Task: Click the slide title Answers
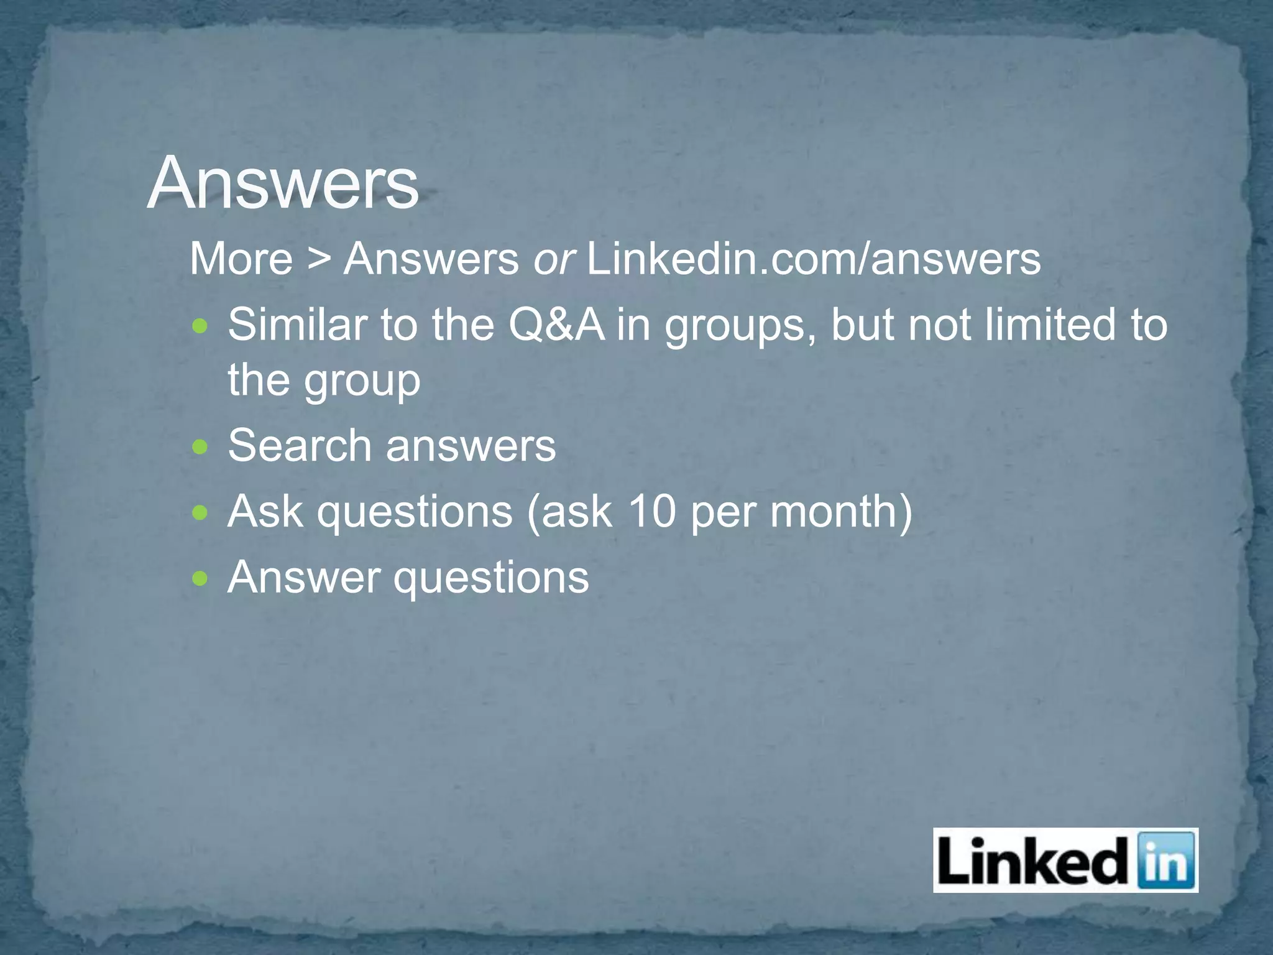(x=283, y=183)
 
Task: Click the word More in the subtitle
(x=241, y=259)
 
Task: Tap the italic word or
(x=553, y=260)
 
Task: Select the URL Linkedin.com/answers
(x=813, y=259)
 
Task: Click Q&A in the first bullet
(x=556, y=325)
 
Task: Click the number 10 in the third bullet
(x=651, y=511)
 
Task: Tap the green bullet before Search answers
(x=200, y=447)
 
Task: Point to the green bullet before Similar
(x=200, y=326)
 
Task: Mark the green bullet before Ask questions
(x=200, y=513)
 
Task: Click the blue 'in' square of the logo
(x=1166, y=860)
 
